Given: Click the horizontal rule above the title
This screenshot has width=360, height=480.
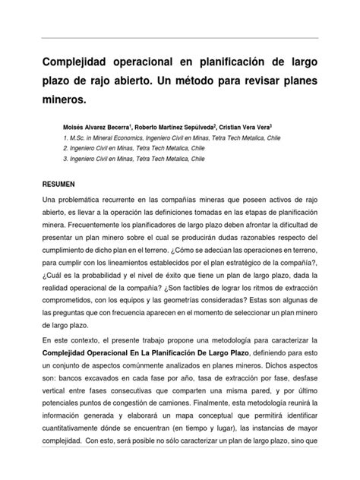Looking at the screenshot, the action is click(x=180, y=36).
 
